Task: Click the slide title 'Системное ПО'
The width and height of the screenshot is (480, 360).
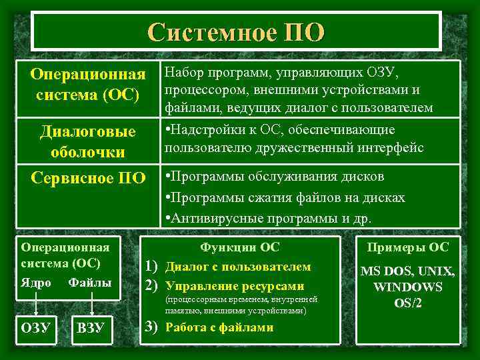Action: [237, 31]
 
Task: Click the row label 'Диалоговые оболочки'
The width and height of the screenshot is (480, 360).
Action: [87, 141]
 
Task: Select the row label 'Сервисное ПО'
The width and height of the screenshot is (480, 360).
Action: [87, 179]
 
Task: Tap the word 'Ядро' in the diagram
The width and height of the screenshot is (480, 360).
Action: [36, 283]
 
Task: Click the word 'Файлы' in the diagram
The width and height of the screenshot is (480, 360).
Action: [90, 283]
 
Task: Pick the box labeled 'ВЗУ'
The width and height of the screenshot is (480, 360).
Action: [90, 328]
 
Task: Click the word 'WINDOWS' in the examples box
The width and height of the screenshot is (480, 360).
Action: [408, 287]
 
